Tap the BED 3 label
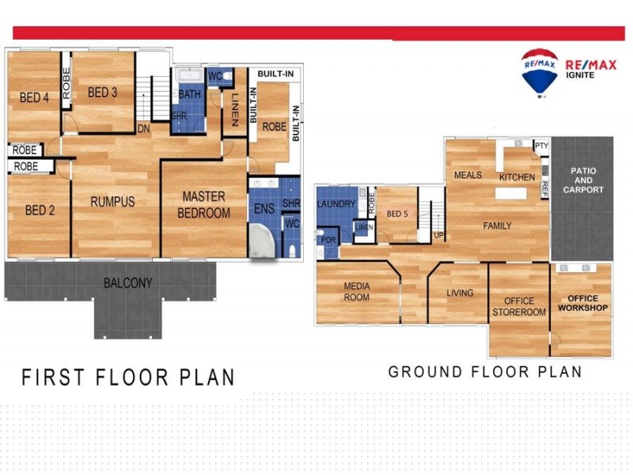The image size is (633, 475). point(103,93)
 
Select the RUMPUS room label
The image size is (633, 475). point(112,202)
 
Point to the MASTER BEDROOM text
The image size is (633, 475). point(203,204)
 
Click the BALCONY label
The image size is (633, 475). point(127,283)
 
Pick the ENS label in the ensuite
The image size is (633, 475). point(263,210)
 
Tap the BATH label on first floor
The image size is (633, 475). point(190,94)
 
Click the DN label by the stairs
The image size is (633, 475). point(144,128)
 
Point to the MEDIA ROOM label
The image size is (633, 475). point(357,291)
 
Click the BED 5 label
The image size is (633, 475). point(396,215)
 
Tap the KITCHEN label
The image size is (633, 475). point(517,177)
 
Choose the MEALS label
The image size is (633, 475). point(468,175)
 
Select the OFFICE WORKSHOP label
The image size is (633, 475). point(582,302)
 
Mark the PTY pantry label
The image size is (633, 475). point(541,146)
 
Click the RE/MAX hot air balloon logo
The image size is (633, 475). point(540,71)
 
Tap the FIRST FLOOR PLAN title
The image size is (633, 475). point(127,377)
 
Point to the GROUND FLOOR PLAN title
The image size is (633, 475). point(485,372)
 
